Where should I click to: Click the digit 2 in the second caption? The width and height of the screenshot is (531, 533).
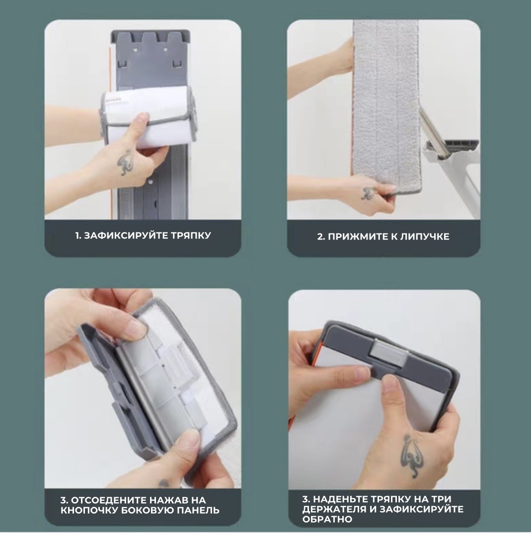pyautogui.click(x=320, y=236)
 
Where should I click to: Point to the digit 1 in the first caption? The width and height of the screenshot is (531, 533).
pyautogui.click(x=77, y=235)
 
